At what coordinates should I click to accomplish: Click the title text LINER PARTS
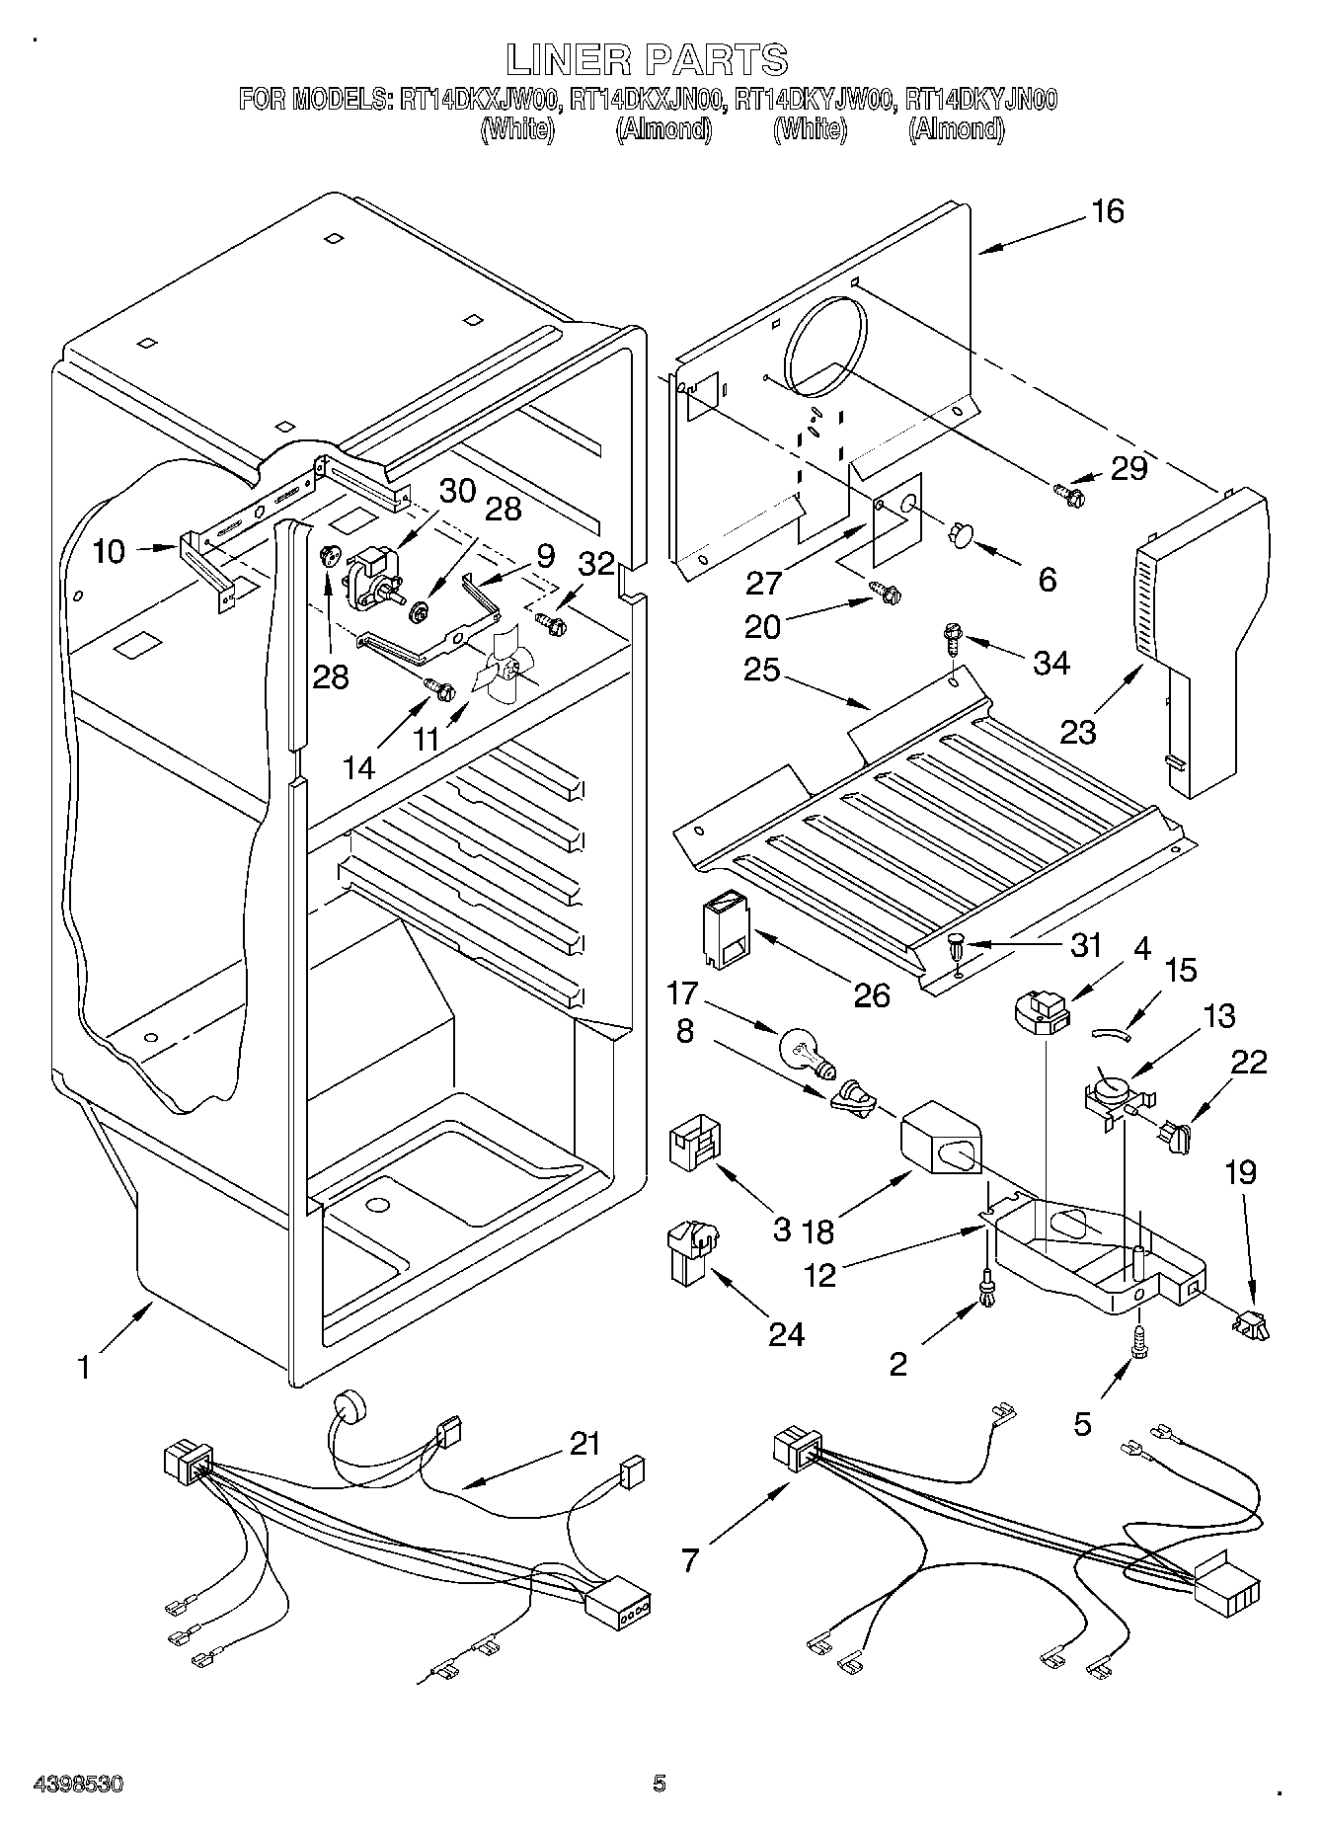coord(648,60)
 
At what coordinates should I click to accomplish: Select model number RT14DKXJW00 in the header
coord(481,100)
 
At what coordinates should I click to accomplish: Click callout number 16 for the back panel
coord(1108,211)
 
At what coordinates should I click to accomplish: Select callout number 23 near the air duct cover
coord(1078,732)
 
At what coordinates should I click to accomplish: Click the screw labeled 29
coord(1068,489)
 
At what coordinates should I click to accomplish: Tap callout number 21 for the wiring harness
coord(584,1445)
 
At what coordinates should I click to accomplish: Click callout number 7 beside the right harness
coord(690,1560)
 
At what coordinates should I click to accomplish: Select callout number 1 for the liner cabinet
coord(85,1368)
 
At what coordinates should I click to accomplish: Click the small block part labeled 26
coord(724,928)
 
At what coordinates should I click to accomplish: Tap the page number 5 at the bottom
coord(659,1784)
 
